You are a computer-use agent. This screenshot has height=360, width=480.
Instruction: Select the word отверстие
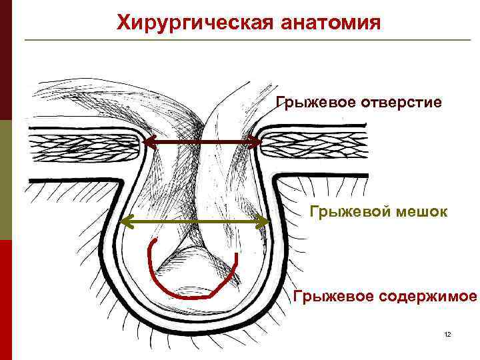[x=401, y=103]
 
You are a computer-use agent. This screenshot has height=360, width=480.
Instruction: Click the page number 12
[x=447, y=333]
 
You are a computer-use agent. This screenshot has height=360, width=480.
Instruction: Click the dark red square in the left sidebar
[x=6, y=60]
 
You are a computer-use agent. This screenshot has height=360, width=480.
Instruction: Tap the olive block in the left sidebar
[x=6, y=180]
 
